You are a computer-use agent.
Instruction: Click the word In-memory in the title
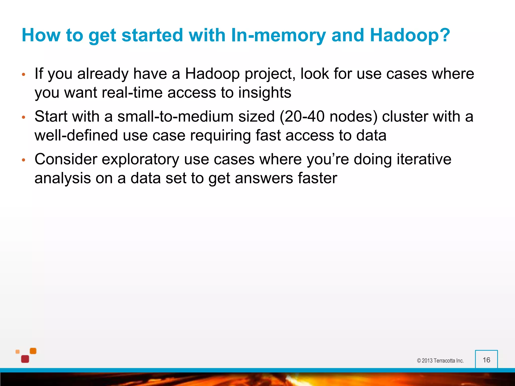coord(278,35)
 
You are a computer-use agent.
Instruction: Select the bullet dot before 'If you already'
coord(24,75)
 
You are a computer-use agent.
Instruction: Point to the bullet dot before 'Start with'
coord(24,117)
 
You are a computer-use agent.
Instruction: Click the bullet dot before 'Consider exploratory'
coord(24,160)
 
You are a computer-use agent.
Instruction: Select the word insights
coord(265,92)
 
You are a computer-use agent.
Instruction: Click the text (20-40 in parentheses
coord(302,117)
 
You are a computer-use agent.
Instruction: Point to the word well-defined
coord(76,135)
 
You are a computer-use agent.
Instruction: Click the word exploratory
coord(140,159)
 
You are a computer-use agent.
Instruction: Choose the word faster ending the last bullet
coord(317,178)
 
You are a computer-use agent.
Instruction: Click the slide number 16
coord(486,360)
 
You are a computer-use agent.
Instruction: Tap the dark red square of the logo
coord(25,359)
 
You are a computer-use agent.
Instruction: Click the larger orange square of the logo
coord(33,351)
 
